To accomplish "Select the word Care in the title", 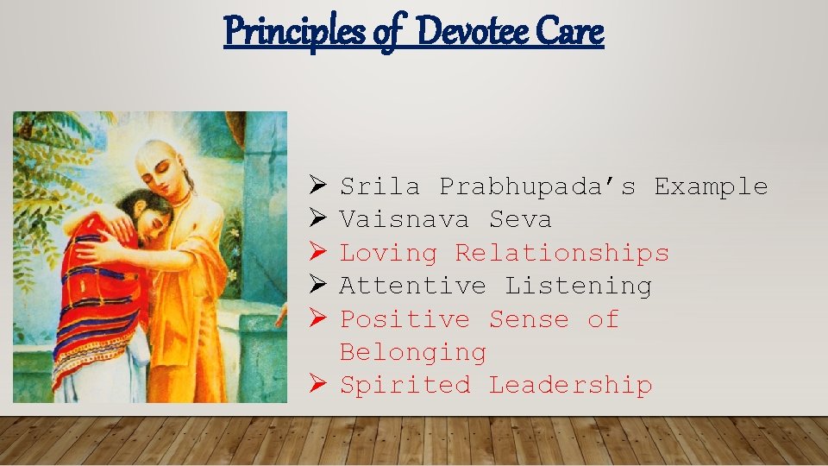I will [569, 32].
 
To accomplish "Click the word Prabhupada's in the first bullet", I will [537, 186].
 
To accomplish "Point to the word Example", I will [710, 186].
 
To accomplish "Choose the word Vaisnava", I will [405, 220].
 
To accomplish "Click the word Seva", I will [520, 220].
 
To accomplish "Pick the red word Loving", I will [388, 253].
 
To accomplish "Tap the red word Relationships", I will [561, 253].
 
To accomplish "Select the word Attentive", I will [413, 286].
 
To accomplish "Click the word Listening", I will [578, 286].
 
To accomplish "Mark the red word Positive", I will [405, 319].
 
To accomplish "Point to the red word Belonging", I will [413, 352].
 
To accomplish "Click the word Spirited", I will [405, 385].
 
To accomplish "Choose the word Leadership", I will [570, 385].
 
